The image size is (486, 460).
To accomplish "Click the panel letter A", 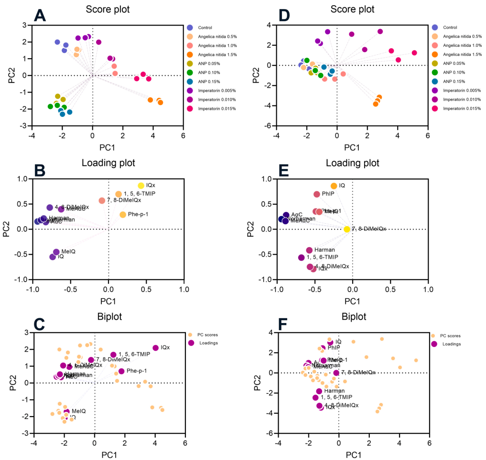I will coord(41,17).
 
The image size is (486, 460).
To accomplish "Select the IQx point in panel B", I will coord(141,186).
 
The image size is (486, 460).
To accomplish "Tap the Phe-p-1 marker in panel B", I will coord(123,215).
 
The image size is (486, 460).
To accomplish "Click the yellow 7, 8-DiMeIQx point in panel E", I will coord(347,229).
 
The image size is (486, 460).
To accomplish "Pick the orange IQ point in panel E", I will coord(334,186).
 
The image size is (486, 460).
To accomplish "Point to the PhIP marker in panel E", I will coord(317,194).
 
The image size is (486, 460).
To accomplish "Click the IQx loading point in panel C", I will coord(155,348).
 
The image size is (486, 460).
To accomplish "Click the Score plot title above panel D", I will coord(352,9).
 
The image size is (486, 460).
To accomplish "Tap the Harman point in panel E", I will coord(309,250).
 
